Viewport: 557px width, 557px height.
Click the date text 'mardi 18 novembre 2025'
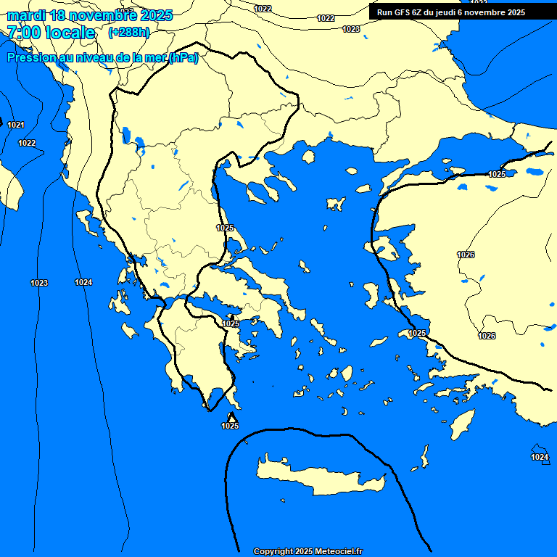click(89, 15)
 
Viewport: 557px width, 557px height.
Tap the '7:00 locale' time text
click(51, 33)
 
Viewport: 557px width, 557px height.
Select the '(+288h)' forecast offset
click(130, 33)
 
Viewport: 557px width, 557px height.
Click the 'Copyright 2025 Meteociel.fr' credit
click(308, 551)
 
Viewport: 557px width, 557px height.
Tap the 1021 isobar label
click(16, 125)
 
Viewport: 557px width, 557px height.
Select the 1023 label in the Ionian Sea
click(39, 283)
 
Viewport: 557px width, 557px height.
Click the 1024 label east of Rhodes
click(539, 457)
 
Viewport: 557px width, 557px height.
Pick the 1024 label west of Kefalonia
click(83, 282)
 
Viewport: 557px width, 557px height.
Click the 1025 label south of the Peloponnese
click(230, 426)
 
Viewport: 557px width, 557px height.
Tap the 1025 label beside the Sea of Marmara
click(497, 175)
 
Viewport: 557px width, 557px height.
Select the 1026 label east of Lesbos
click(466, 255)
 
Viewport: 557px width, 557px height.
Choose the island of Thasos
click(308, 156)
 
